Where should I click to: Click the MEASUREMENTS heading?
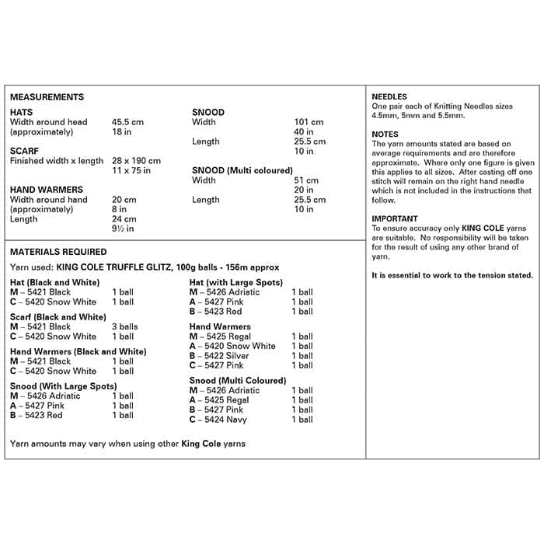coord(47,97)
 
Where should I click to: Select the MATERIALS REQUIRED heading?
coord(58,252)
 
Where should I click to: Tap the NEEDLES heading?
coord(389,96)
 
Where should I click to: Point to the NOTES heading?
coord(385,134)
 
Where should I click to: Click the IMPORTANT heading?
coord(395,219)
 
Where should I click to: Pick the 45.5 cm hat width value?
coord(127,122)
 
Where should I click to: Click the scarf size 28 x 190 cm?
coord(136,161)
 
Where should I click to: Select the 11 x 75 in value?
coord(131,170)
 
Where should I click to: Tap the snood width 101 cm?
coord(309,122)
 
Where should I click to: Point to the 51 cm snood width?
coord(306,180)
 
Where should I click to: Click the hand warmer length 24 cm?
coord(124,219)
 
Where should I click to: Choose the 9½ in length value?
coord(124,228)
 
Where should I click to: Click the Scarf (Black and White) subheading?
coord(58,317)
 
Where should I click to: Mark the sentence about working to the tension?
coord(452,276)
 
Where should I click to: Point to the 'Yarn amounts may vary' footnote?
coord(127,444)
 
